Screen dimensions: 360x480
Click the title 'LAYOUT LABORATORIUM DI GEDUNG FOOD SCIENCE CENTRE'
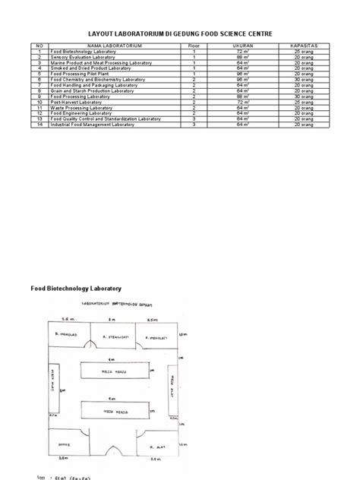179,34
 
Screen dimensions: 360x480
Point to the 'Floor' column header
194,46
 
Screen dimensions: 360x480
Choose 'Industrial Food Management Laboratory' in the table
93,124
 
